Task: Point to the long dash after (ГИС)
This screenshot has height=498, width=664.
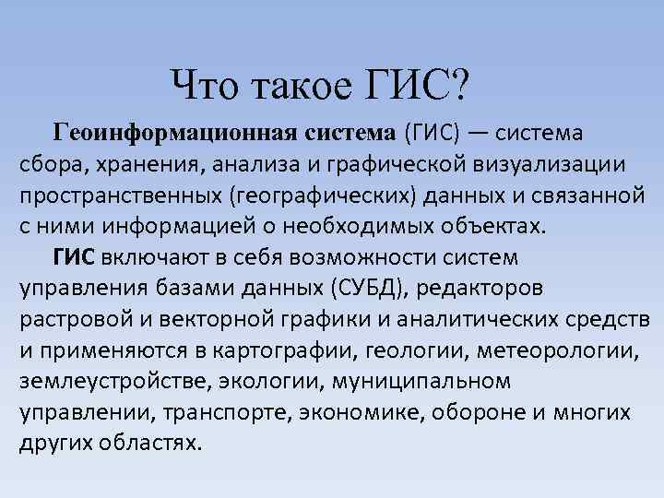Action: (x=478, y=133)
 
